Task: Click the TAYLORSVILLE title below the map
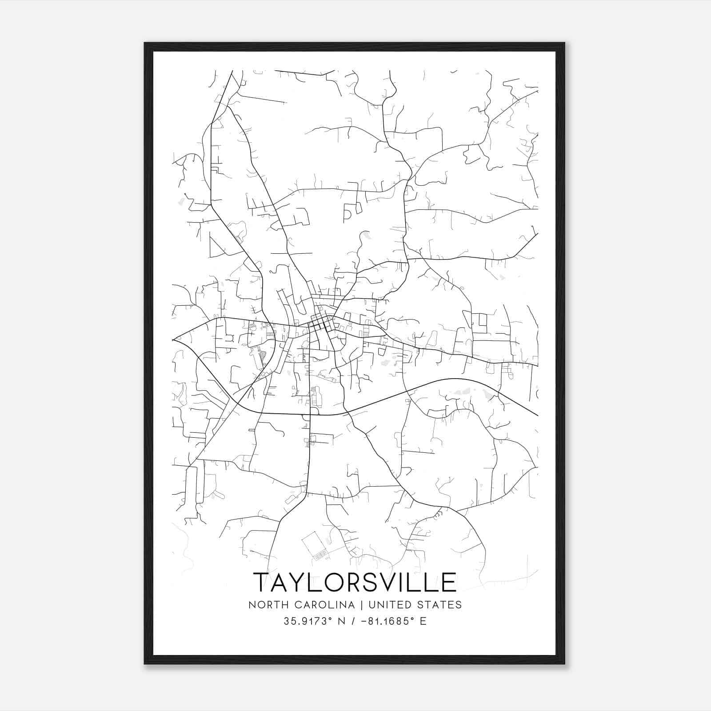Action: click(x=355, y=582)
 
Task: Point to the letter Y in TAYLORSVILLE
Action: click(x=304, y=583)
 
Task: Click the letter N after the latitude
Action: click(x=342, y=621)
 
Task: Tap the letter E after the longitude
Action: click(x=423, y=621)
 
